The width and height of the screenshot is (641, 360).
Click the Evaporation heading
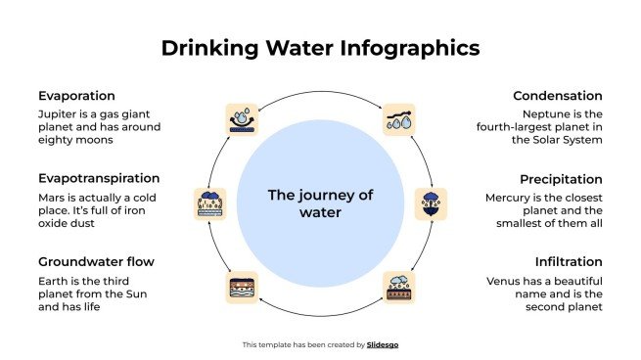click(x=77, y=96)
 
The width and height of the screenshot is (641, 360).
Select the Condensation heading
click(x=557, y=96)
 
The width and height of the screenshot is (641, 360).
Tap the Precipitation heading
click(x=561, y=179)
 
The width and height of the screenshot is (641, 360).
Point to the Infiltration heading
click(x=568, y=262)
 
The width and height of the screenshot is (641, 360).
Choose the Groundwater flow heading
click(x=96, y=262)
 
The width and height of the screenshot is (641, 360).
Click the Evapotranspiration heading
click(x=99, y=179)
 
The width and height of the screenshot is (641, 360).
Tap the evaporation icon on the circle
click(x=242, y=119)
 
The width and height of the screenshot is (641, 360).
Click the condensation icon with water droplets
click(x=399, y=119)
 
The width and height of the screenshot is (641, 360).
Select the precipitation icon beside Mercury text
click(x=431, y=203)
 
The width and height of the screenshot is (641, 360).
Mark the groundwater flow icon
click(x=242, y=287)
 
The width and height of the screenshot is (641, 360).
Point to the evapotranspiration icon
click(x=210, y=203)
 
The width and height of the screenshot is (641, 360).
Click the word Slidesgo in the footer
click(x=383, y=344)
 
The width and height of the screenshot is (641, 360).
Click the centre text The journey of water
click(x=320, y=202)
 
